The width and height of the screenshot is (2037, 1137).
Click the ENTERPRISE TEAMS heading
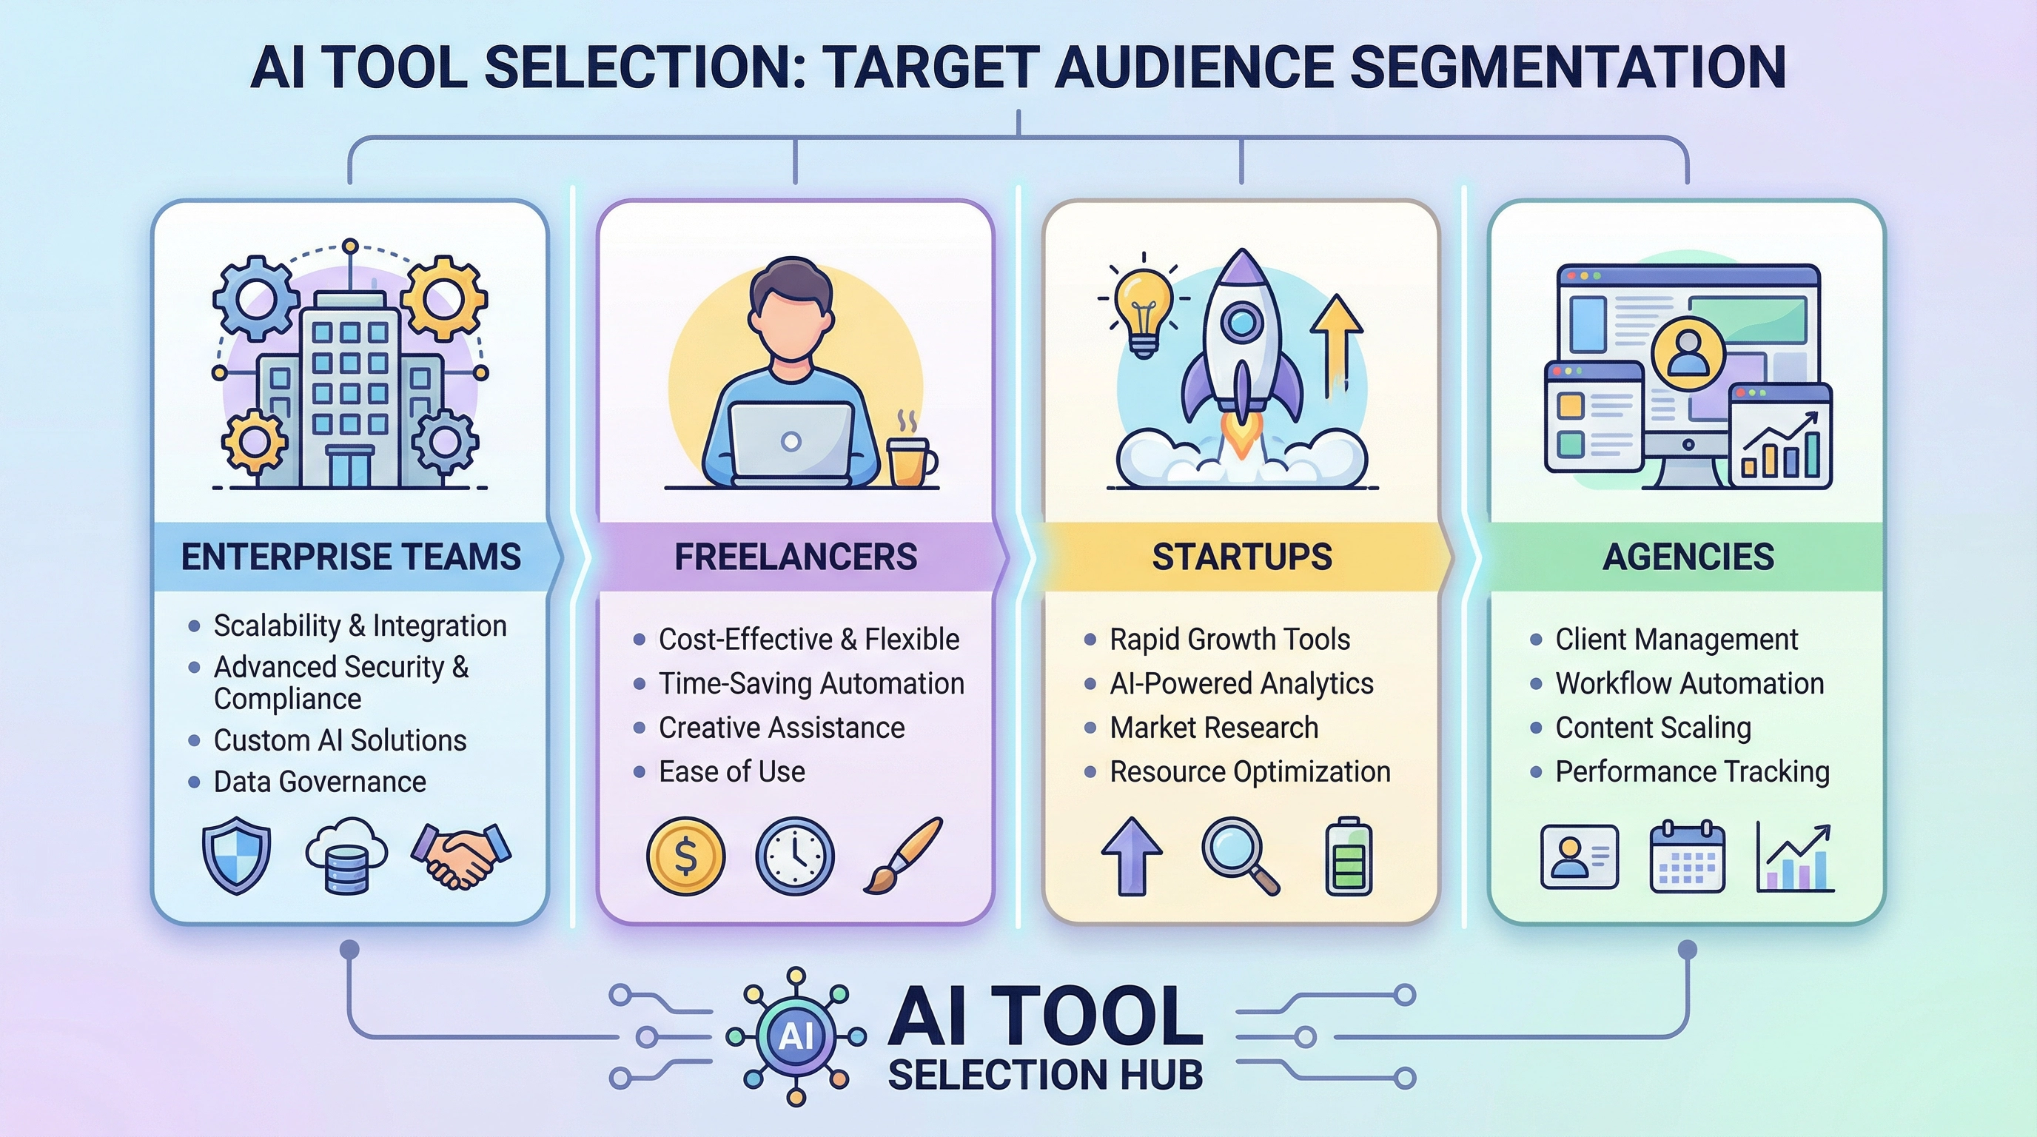350,557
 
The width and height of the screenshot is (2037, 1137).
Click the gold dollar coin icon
685,856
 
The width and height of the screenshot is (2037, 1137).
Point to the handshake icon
462,856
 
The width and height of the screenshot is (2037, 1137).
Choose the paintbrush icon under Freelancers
902,856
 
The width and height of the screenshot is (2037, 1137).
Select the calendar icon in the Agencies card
1688,858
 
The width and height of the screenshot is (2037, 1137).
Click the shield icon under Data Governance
236,857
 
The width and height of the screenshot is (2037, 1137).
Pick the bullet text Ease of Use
731,772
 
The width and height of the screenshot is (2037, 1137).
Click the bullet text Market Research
1214,728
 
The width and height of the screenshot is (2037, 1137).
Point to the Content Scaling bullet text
1653,728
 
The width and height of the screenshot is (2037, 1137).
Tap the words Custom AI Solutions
340,740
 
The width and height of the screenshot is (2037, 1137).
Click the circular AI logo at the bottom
796,1036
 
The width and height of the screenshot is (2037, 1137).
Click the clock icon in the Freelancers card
795,856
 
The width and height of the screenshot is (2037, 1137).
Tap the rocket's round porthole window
1241,322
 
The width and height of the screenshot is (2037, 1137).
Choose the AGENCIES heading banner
1688,557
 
